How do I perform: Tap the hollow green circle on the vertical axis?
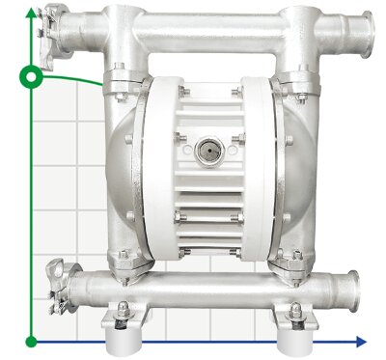click(x=32, y=73)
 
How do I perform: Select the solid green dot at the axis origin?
click(x=32, y=340)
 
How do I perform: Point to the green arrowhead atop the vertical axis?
click(x=32, y=12)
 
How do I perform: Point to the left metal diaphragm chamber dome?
click(x=120, y=169)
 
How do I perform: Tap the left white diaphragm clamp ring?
click(x=154, y=169)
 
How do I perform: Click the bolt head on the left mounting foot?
click(x=123, y=312)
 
